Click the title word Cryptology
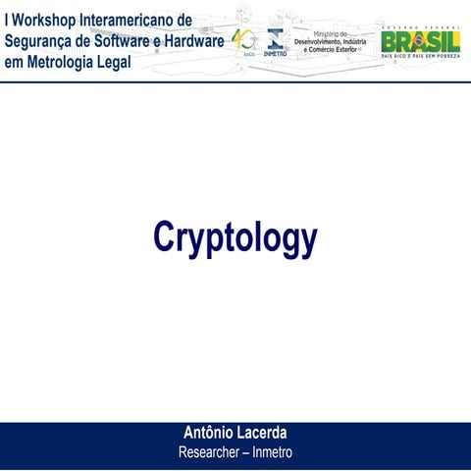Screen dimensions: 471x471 (x=235, y=237)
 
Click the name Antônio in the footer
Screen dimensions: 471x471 (x=211, y=433)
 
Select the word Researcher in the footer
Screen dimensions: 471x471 (x=211, y=452)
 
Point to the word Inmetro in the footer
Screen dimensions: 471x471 (x=273, y=452)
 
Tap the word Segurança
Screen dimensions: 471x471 (x=38, y=41)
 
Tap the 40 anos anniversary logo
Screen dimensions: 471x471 (x=242, y=41)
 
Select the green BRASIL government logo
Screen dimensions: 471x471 (x=420, y=42)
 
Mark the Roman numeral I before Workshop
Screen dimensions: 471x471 (x=7, y=20)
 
